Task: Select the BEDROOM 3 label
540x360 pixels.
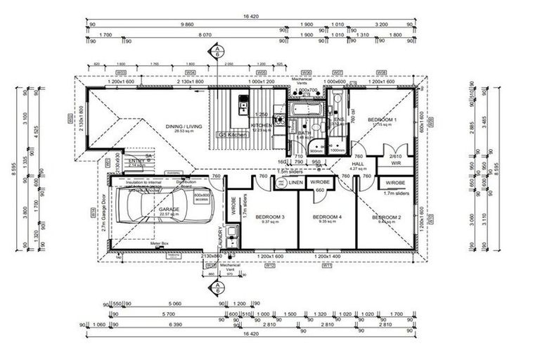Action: click(x=269, y=217)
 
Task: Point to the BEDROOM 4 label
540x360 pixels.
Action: click(x=326, y=217)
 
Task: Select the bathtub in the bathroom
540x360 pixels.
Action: click(x=304, y=111)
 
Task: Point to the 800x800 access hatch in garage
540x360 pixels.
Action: click(x=202, y=196)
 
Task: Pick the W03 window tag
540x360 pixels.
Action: click(x=121, y=72)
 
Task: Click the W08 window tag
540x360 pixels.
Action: click(x=381, y=72)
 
